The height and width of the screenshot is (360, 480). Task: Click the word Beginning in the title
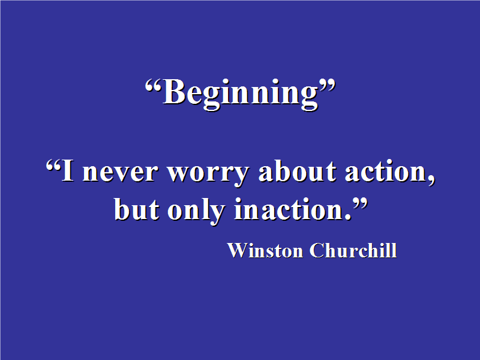(241, 94)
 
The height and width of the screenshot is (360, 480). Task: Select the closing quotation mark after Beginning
(327, 86)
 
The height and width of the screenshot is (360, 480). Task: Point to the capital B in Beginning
(173, 92)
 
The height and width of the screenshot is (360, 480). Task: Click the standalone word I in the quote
(68, 170)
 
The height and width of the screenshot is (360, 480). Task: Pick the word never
(121, 173)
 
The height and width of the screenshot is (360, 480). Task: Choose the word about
(298, 170)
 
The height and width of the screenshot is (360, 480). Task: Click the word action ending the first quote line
(386, 171)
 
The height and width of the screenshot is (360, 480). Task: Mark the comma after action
(431, 181)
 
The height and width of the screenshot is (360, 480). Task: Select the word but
(137, 209)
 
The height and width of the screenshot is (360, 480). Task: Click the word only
(197, 211)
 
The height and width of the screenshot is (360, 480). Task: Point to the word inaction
(289, 209)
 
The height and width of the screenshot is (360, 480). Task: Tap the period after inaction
(348, 217)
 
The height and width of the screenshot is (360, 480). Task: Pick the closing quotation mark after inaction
(359, 203)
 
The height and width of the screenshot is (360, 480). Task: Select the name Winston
(265, 250)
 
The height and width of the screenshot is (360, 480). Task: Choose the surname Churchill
(353, 250)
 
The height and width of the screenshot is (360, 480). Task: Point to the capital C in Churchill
(317, 250)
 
